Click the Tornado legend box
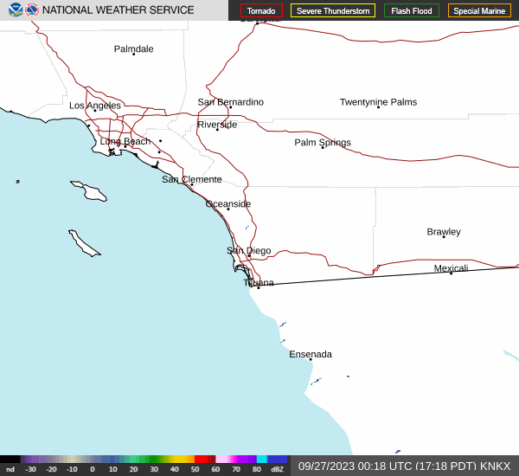point(261,10)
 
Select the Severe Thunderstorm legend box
point(333,10)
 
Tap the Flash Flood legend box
point(412,10)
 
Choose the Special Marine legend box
point(479,10)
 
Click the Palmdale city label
point(133,49)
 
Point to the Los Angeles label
point(95,106)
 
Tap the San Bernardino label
point(230,102)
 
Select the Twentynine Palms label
point(378,102)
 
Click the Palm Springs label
point(323,143)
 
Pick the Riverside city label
point(217,125)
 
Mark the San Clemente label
point(192,180)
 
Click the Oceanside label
point(228,204)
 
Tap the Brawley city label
point(444,232)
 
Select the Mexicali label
point(451,268)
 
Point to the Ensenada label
point(311,354)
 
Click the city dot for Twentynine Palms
point(378,107)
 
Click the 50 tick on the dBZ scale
point(195,469)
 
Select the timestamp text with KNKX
point(404,466)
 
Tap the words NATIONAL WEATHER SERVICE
point(119,10)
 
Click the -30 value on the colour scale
point(31,469)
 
